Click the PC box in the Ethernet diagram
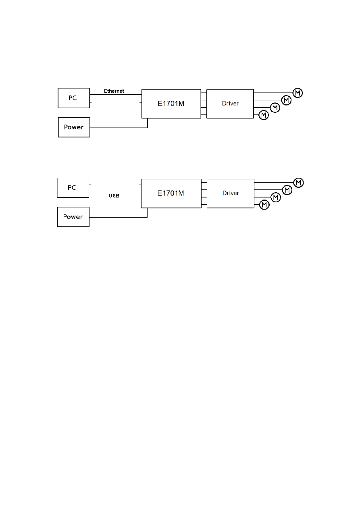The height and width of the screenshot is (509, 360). click(x=73, y=98)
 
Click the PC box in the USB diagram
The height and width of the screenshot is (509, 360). click(x=73, y=187)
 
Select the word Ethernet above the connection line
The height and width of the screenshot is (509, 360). click(x=114, y=91)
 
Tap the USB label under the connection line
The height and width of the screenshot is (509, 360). click(x=114, y=196)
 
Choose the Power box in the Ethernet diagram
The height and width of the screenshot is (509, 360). click(x=74, y=127)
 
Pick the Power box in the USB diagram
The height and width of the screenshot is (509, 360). click(x=73, y=216)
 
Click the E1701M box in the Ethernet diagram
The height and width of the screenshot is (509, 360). click(x=171, y=104)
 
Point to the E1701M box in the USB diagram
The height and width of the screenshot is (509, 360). click(x=171, y=193)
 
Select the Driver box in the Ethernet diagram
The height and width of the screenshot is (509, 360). click(x=230, y=104)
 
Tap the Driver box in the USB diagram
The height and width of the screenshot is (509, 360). click(x=230, y=193)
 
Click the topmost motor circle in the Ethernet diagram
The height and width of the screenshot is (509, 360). click(x=298, y=93)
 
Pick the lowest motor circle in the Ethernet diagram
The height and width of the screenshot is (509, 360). click(x=264, y=115)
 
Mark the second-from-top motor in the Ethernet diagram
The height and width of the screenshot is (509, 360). click(x=286, y=100)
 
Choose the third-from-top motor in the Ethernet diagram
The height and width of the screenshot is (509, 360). click(x=275, y=108)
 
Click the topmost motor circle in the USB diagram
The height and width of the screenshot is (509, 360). click(x=298, y=183)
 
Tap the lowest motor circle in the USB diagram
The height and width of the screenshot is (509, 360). click(x=264, y=205)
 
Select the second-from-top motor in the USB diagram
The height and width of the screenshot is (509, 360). click(x=287, y=190)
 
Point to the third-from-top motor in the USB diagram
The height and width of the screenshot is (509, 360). click(x=276, y=197)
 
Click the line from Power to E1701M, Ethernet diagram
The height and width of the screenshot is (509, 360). click(x=119, y=127)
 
